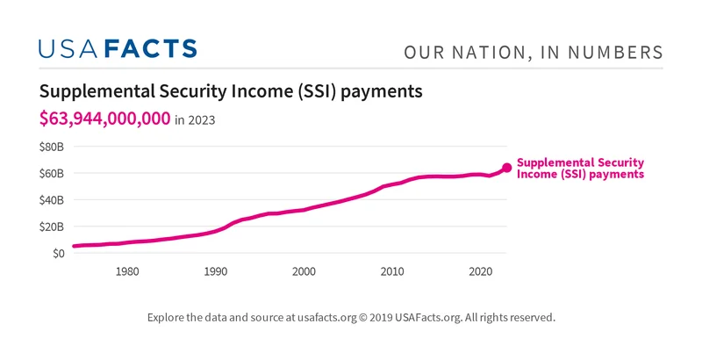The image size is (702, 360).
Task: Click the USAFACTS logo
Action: pyautogui.click(x=118, y=48)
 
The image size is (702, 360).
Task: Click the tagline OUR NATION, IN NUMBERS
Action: pyautogui.click(x=533, y=53)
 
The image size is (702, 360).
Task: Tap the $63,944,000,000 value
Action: pyautogui.click(x=104, y=119)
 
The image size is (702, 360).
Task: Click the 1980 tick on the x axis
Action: pyautogui.click(x=127, y=271)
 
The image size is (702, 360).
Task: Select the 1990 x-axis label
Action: pyautogui.click(x=216, y=271)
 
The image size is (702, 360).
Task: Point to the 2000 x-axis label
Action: pyautogui.click(x=304, y=271)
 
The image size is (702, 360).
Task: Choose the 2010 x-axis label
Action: pyautogui.click(x=392, y=271)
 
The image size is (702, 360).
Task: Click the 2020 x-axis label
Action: pyautogui.click(x=480, y=271)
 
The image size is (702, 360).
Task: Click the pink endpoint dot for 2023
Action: pyautogui.click(x=506, y=168)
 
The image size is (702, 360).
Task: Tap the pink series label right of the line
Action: pyautogui.click(x=580, y=169)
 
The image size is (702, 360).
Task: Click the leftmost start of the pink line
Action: pyautogui.click(x=75, y=246)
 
